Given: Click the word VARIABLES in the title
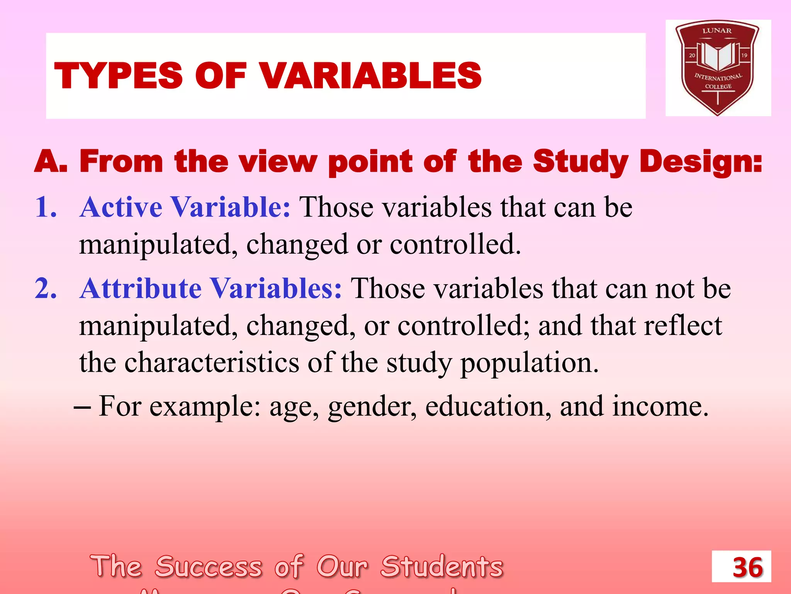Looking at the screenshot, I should [371, 76].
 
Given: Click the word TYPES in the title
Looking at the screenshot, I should [118, 76].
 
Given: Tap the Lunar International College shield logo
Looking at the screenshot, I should [718, 68].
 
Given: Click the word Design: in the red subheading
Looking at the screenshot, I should [701, 161].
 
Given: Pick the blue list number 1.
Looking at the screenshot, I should [46, 207].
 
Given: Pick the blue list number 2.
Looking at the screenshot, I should [46, 288].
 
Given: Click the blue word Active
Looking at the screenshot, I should [121, 207].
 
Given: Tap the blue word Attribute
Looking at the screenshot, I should [141, 288].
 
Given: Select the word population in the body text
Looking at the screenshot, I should [529, 364].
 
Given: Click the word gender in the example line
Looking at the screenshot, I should [372, 407].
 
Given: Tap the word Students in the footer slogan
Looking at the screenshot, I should [442, 567].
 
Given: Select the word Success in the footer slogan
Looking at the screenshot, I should [209, 567].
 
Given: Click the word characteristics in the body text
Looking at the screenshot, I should [212, 363].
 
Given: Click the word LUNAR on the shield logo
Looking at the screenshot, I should [717, 31].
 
